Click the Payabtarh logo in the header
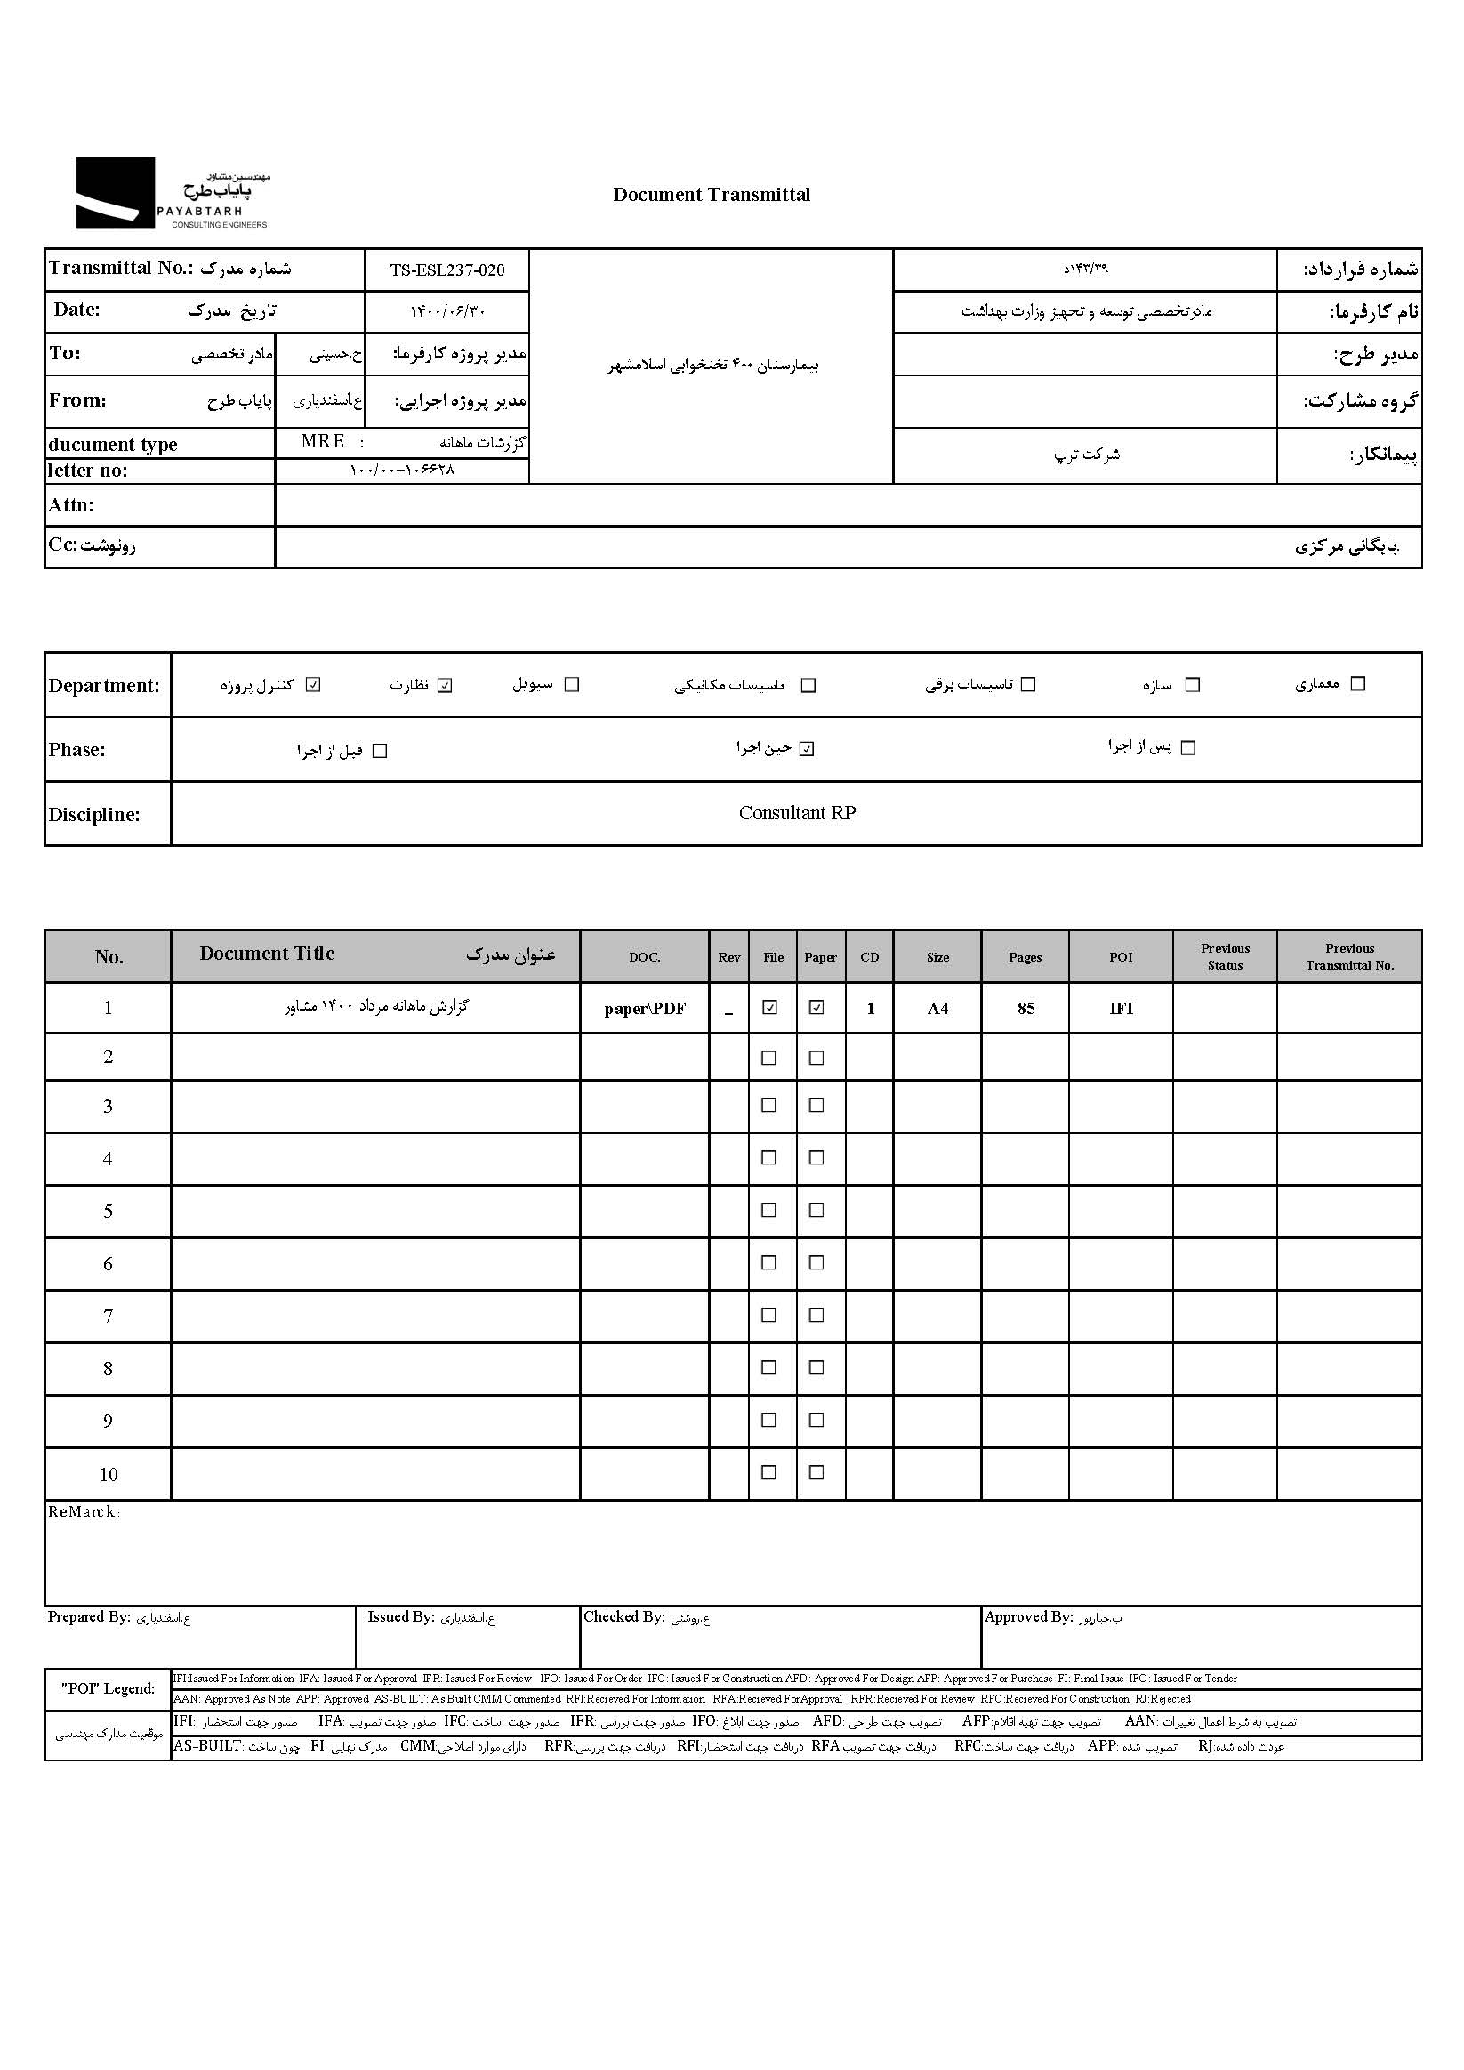172,193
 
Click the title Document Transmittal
712,195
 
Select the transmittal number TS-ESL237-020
447,270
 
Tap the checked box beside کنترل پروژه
313,685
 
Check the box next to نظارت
445,685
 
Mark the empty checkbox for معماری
1357,684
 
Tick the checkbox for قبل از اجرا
380,751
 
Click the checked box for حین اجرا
807,749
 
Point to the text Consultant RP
797,813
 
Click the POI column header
1121,956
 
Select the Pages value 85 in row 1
1026,1009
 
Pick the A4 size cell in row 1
937,1009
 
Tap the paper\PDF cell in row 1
645,1009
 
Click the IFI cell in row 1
1121,1009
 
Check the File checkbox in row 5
769,1211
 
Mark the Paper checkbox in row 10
816,1473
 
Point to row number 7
109,1317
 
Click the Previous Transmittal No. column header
1349,956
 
